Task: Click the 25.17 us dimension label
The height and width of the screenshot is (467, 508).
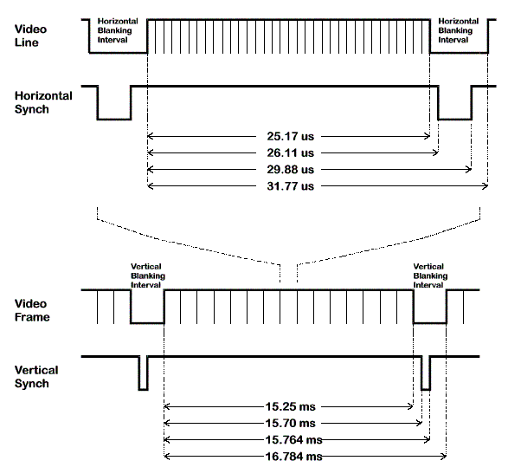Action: click(290, 136)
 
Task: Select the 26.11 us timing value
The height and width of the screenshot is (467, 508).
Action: click(290, 152)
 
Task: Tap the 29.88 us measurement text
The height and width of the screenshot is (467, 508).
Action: click(290, 169)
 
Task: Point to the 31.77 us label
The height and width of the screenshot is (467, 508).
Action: click(290, 186)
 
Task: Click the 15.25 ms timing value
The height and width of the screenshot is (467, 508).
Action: click(290, 406)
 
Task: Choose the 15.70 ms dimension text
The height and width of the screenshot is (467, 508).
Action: click(290, 423)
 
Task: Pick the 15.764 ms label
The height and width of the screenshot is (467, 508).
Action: click(294, 440)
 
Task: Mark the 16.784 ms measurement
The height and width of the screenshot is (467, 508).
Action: click(294, 457)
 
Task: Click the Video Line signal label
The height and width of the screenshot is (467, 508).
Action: click(30, 36)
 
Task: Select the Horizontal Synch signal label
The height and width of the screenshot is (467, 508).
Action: click(43, 102)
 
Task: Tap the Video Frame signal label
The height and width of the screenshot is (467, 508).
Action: click(32, 310)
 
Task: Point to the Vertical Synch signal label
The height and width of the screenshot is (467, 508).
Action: click(36, 377)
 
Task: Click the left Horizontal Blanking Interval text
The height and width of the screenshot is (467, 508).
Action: click(118, 30)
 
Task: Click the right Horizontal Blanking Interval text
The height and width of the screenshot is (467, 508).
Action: click(459, 30)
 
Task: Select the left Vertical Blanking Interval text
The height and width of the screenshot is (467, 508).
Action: click(148, 276)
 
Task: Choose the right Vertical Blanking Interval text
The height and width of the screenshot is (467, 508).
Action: click(430, 276)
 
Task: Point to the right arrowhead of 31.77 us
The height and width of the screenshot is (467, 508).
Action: click(485, 186)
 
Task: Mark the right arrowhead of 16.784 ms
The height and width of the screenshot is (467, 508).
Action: click(444, 457)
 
